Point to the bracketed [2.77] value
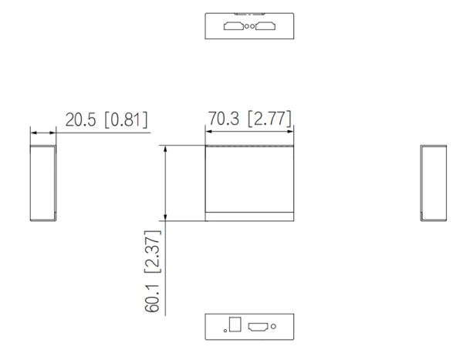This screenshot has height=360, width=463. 269,119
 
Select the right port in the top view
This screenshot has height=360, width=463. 265,28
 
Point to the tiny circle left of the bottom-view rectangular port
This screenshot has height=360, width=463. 225,330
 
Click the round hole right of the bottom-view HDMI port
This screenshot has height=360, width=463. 274,326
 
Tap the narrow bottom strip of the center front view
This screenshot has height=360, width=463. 251,217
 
